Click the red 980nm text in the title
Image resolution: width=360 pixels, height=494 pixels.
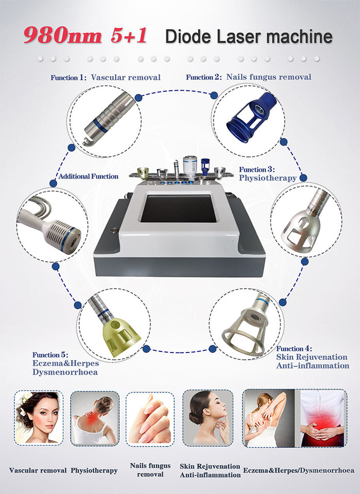(x=62, y=36)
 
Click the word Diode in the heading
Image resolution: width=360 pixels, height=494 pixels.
(x=188, y=36)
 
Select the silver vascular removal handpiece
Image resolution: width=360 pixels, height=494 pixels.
(x=108, y=119)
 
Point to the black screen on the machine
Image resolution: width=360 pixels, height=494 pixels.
(x=179, y=208)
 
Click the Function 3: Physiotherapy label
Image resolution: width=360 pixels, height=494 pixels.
(x=268, y=174)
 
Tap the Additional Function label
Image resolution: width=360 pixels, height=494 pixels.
(x=88, y=177)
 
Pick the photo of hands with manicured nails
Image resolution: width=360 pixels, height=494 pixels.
(x=150, y=419)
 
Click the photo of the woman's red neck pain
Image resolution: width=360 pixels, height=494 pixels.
(x=95, y=418)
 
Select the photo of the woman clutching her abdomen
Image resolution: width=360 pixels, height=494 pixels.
(x=322, y=418)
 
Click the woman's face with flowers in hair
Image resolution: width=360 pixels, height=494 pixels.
(x=39, y=418)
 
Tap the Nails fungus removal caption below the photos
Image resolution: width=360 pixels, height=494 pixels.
(x=150, y=469)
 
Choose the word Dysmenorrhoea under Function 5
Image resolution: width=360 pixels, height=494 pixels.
(x=65, y=372)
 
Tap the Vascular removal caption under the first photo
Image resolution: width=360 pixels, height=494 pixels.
(x=38, y=470)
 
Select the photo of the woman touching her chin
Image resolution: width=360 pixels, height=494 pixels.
(x=208, y=418)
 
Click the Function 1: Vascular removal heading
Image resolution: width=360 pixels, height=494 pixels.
(x=106, y=78)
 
